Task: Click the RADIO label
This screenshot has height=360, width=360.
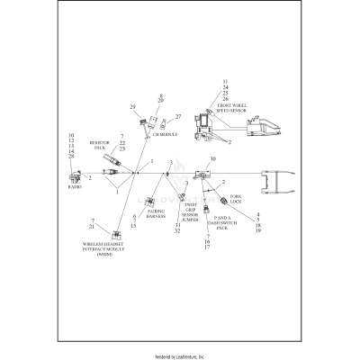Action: [x=75, y=188]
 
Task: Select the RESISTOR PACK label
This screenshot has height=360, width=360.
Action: [x=100, y=145]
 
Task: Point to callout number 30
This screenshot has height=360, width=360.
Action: [x=212, y=159]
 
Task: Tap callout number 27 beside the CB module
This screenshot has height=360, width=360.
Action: [x=178, y=116]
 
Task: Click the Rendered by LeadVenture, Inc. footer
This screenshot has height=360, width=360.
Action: [x=180, y=356]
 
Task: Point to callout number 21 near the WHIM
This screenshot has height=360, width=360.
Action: [x=67, y=227]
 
